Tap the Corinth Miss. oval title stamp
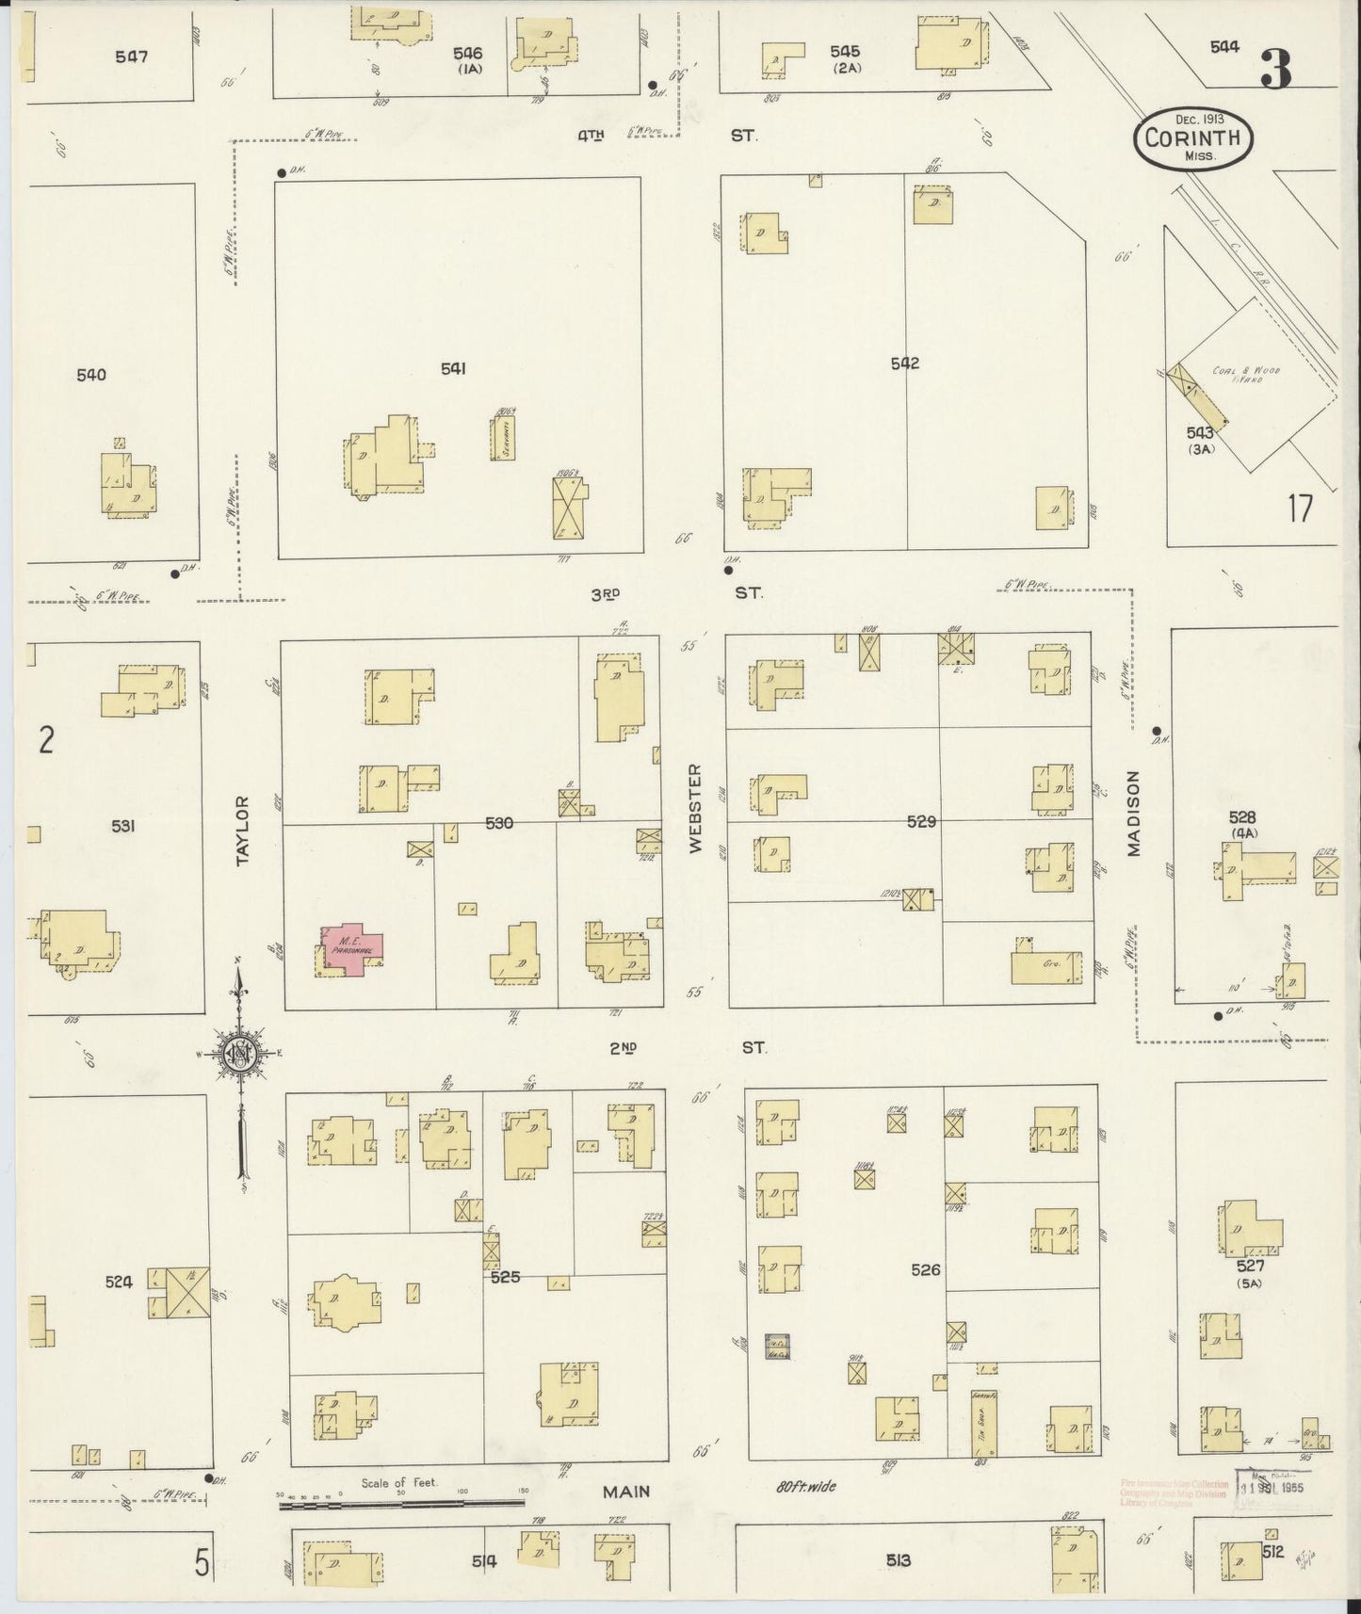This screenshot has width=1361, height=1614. click(x=1193, y=139)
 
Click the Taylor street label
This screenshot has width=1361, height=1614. click(x=243, y=831)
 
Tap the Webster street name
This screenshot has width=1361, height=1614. click(x=696, y=808)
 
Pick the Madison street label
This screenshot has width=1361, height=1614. click(x=1133, y=814)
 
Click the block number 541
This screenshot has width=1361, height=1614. click(x=453, y=369)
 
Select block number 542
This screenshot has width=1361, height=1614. click(x=904, y=363)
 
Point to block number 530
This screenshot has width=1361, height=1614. click(x=498, y=824)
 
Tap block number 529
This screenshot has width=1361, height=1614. click(x=920, y=822)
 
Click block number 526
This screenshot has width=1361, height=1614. click(x=925, y=1270)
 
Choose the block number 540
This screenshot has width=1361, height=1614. click(x=91, y=375)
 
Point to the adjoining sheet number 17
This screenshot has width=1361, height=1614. click(x=1300, y=509)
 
